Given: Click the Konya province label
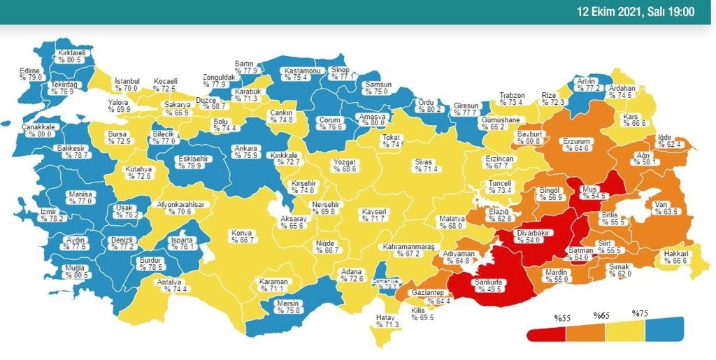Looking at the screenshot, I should coord(242,233).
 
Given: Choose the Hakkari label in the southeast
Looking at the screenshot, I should coord(676,253).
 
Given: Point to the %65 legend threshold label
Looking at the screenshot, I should coord(601,316).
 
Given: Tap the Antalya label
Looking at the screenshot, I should coord(170,282).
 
